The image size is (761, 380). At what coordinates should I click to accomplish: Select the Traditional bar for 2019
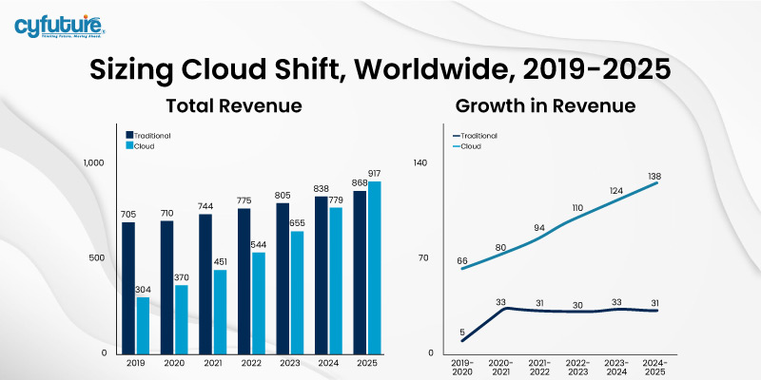(x=128, y=285)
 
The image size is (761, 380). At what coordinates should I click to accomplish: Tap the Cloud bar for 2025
(x=374, y=266)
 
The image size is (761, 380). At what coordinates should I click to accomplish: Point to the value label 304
(x=143, y=291)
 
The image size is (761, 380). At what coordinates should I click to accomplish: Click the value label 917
(x=374, y=174)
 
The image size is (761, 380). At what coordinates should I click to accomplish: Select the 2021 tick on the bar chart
(x=213, y=363)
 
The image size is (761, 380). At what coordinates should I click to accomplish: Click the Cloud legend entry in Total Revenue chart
(x=143, y=146)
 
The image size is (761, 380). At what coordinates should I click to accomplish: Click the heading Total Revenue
(x=221, y=105)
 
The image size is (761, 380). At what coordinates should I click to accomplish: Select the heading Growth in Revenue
(x=545, y=105)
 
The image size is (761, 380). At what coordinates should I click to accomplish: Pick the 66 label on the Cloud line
(x=463, y=259)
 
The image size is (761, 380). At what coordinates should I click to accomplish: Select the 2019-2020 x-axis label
(x=463, y=367)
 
